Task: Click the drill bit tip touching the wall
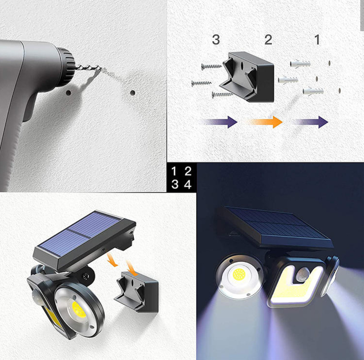[101, 68]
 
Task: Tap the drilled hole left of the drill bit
[68, 93]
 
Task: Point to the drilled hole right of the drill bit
[133, 93]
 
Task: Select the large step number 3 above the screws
[216, 40]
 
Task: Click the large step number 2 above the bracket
[268, 40]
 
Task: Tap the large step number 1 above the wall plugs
[317, 40]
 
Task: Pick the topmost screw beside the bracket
[211, 66]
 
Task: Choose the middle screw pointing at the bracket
[201, 83]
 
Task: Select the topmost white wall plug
[300, 63]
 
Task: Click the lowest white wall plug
[313, 91]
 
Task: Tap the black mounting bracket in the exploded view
[247, 77]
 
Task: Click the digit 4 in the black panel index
[188, 185]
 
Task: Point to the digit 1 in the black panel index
[174, 172]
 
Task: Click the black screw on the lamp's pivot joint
[86, 276]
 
